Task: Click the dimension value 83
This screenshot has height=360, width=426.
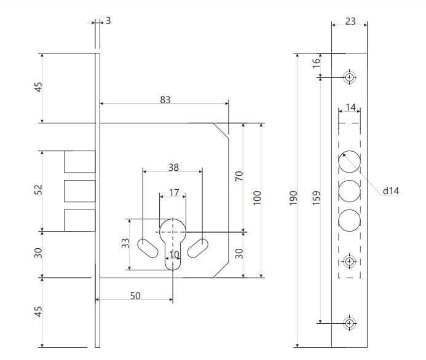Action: pos(165,100)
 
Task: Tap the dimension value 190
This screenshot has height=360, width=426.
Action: pos(293,198)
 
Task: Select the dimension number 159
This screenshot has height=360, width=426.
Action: pos(316,198)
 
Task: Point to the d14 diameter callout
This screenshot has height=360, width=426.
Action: pos(391,191)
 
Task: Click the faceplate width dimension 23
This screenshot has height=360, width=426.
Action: pos(350,21)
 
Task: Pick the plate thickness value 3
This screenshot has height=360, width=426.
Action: pos(108,21)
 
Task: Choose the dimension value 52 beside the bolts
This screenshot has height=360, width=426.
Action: pos(38,189)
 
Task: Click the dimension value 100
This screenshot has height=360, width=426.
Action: pos(257,198)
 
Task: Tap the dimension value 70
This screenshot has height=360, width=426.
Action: pos(239,176)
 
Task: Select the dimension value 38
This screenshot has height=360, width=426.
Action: pos(173,167)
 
